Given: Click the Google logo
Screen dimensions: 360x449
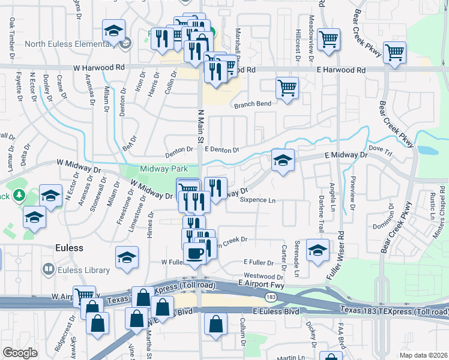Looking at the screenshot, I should coord(20,353).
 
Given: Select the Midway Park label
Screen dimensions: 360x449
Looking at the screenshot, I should coord(160,169).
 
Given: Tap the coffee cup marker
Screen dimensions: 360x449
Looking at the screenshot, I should coord(194,253).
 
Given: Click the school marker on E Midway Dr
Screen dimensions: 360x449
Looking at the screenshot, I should coord(283,161).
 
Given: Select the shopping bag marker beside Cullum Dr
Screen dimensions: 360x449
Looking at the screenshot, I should coord(215,325).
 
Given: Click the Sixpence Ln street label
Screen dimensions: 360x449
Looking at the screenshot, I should coord(258,200).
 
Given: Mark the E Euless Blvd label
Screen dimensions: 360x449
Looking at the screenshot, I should coord(276,312).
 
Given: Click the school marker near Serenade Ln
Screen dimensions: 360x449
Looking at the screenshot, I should coord(318,251).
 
